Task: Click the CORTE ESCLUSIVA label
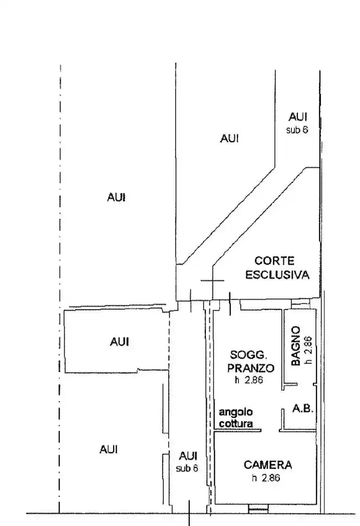click(x=277, y=268)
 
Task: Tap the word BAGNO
click(x=295, y=346)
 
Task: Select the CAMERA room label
click(x=268, y=465)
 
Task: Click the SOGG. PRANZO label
click(x=251, y=361)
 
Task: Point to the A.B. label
click(x=303, y=408)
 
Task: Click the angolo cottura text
click(x=236, y=417)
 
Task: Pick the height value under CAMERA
click(x=266, y=478)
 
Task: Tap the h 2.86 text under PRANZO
click(x=249, y=380)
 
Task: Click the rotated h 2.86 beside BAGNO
click(x=308, y=350)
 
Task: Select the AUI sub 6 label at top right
click(x=297, y=123)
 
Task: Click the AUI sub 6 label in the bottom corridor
click(x=188, y=462)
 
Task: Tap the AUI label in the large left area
click(x=116, y=197)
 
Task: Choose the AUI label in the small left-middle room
click(x=119, y=342)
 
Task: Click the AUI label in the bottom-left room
click(x=109, y=449)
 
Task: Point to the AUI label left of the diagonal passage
click(x=229, y=138)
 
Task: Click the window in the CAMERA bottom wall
click(x=258, y=508)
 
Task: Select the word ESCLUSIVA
click(x=277, y=275)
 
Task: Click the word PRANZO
click(x=251, y=368)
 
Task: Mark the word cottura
click(x=236, y=423)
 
